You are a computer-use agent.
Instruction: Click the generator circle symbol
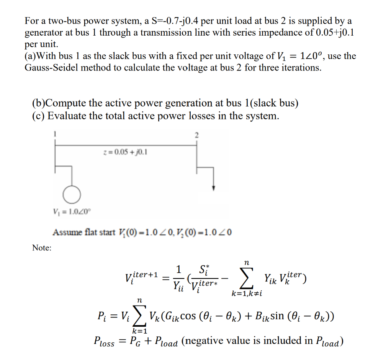click(72, 195)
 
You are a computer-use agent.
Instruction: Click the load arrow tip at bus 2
click(214, 189)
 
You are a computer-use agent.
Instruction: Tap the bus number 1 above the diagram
click(55, 134)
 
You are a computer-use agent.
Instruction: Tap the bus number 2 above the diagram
click(197, 135)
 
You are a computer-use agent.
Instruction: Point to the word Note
click(42, 248)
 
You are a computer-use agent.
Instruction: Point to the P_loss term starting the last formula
click(104, 341)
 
